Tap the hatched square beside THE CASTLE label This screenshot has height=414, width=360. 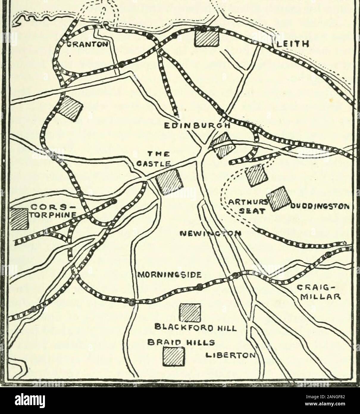point(169,181)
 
